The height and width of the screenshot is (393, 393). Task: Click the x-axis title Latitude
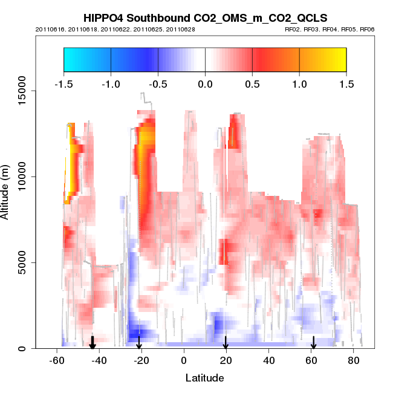[x=205, y=378]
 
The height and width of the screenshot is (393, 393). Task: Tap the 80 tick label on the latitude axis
[x=354, y=361]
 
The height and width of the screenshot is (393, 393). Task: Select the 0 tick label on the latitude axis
[x=184, y=361]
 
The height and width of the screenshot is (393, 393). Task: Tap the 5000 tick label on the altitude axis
[x=26, y=262]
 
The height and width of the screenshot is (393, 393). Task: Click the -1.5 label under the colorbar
[x=63, y=83]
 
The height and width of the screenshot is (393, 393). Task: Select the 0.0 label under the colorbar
[x=205, y=83]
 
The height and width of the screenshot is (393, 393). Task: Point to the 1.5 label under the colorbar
[x=346, y=83]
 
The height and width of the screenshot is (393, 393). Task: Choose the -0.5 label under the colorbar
[x=157, y=83]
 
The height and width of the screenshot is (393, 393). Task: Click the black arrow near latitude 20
[x=226, y=343]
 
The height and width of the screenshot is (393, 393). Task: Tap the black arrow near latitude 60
[x=314, y=343]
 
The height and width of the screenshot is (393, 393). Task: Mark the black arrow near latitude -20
[x=139, y=343]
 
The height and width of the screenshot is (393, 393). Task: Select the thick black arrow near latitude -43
[x=93, y=342]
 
